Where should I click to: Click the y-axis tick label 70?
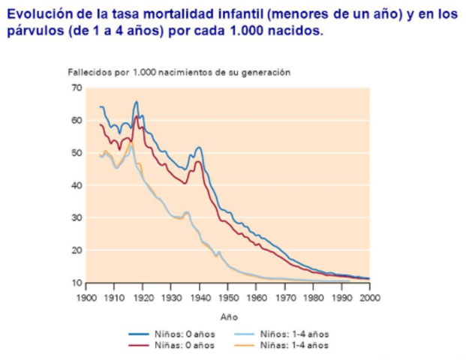pyautogui.click(x=77, y=88)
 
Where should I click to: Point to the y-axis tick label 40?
pyautogui.click(x=77, y=185)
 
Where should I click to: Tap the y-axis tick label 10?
pyautogui.click(x=77, y=283)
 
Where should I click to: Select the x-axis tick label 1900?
pyautogui.click(x=86, y=298)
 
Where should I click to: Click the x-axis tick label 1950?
pyautogui.click(x=228, y=298)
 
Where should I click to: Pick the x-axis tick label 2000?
pyautogui.click(x=370, y=298)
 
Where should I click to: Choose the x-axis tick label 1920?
pyautogui.click(x=143, y=298)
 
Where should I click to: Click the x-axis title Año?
pyautogui.click(x=228, y=317)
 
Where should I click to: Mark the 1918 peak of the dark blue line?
pyautogui.click(x=137, y=102)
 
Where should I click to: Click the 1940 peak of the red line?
pyautogui.click(x=199, y=161)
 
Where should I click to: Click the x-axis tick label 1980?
pyautogui.click(x=313, y=298)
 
